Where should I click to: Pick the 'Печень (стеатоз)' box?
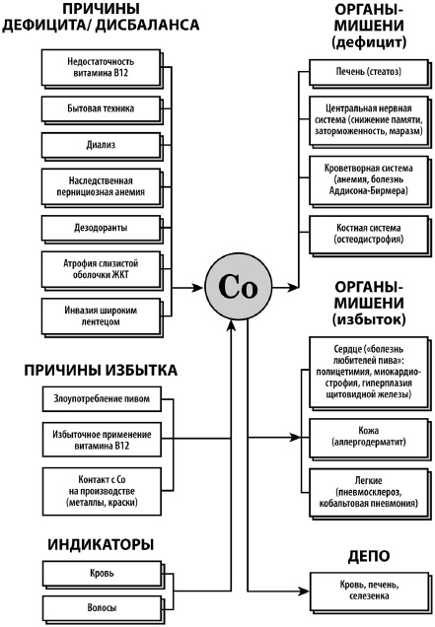pyautogui.click(x=366, y=71)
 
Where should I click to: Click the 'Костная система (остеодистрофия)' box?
pyautogui.click(x=366, y=235)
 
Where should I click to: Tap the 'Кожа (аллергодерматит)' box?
pyautogui.click(x=366, y=436)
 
